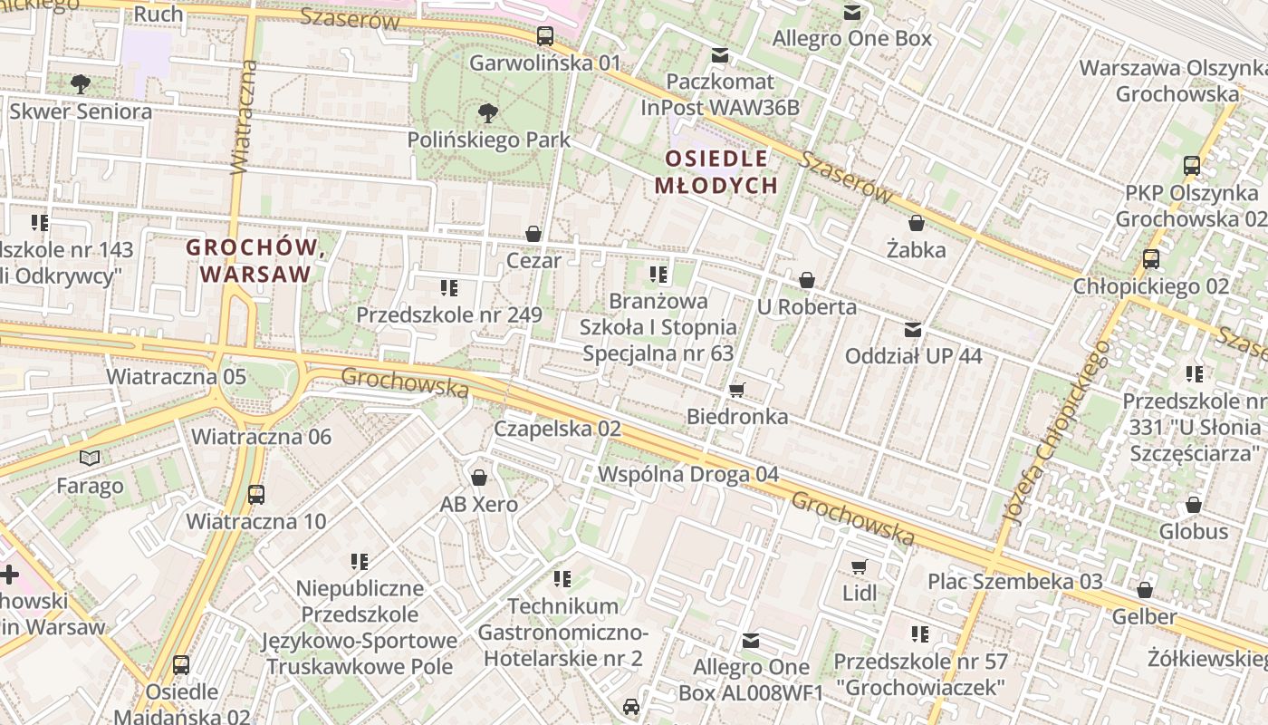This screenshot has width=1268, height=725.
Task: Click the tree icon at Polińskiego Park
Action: coord(487,113)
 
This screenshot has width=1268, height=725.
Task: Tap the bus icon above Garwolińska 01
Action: coord(544,36)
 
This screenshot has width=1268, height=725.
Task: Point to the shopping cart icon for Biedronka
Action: coord(737,391)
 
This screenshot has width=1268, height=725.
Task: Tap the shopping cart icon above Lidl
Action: coord(859,567)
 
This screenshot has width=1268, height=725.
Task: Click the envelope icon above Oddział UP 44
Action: coord(913,330)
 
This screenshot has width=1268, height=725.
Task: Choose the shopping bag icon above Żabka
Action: coord(916,223)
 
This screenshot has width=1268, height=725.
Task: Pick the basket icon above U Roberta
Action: coord(807,280)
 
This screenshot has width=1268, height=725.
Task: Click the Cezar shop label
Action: coord(533,261)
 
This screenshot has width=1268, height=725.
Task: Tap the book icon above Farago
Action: coord(90,459)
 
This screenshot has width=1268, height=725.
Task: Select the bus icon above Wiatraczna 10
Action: coord(256,495)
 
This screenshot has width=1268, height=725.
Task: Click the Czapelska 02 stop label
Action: coord(557,429)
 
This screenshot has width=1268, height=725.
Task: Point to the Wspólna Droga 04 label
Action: coord(688,474)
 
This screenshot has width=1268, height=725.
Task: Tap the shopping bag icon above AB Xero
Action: coord(479,478)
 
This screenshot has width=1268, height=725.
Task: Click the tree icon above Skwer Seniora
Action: coord(80,84)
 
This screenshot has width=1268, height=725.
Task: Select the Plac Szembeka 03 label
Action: coord(1015,582)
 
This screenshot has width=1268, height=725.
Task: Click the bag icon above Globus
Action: coord(1193,505)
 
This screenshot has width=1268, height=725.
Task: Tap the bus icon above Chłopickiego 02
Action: coord(1150,259)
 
